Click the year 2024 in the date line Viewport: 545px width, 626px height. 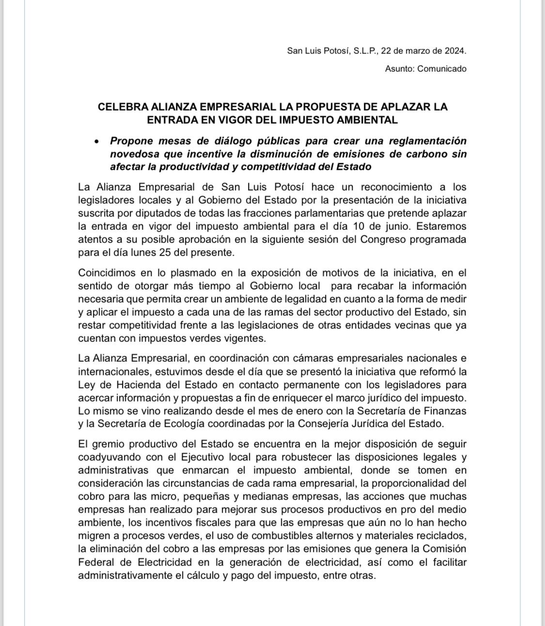455,50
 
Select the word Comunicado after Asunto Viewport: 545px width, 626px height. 442,68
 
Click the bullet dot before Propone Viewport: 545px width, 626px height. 98,142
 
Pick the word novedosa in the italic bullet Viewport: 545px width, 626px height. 130,154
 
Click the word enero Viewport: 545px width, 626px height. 304,411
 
